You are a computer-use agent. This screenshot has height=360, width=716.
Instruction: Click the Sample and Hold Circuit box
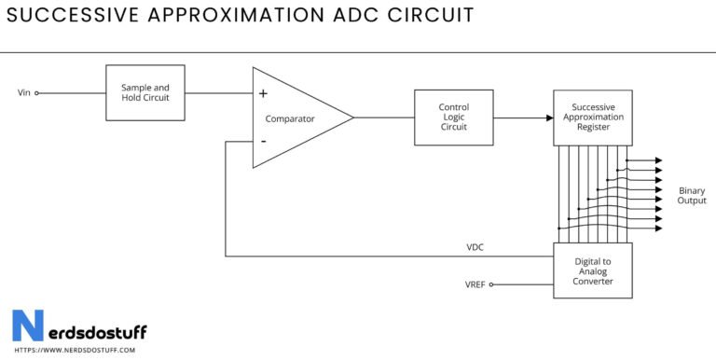tap(145, 92)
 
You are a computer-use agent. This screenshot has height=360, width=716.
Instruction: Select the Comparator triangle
tap(293, 118)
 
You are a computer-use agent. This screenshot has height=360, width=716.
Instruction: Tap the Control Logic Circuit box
tap(453, 118)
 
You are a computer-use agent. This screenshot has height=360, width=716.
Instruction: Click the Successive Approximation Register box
tap(592, 118)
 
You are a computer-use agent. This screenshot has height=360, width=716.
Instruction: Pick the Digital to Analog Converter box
tap(592, 270)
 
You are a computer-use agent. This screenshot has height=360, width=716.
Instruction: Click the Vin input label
tap(23, 93)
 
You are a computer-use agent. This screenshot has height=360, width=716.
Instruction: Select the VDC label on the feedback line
tap(475, 247)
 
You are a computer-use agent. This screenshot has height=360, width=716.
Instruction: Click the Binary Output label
tap(692, 195)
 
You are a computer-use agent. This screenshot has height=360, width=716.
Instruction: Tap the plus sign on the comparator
tap(263, 93)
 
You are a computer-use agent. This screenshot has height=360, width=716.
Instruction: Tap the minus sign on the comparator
tap(263, 141)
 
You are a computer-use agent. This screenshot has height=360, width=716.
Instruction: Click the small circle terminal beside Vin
tap(37, 93)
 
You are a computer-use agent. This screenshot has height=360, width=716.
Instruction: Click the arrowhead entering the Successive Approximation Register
tap(548, 118)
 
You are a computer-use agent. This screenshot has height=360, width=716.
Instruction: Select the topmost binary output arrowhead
tap(658, 160)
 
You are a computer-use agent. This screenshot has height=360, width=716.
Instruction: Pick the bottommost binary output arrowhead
tap(658, 229)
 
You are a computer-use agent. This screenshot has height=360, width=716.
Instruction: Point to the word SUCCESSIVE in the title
tap(70, 16)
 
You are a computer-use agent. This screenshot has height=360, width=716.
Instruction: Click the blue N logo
tap(27, 327)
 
